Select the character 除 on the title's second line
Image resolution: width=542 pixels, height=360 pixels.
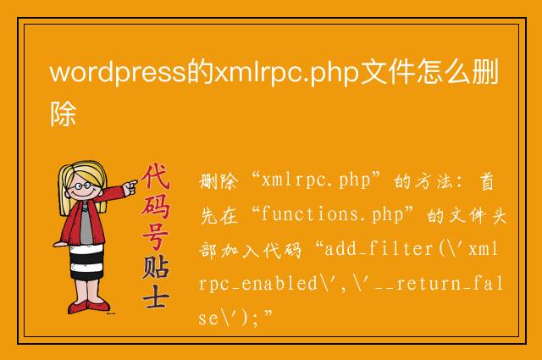pos(64,114)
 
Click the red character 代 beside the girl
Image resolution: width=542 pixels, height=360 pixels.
pos(156,177)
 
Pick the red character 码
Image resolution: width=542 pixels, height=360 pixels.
pos(156,207)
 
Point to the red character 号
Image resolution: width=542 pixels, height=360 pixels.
pos(156,236)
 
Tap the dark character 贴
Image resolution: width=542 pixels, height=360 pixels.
pos(156,266)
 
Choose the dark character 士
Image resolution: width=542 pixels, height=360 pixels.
pos(156,296)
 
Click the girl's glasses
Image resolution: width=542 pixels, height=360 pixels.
pos(83,186)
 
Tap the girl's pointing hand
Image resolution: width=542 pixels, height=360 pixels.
pos(130,187)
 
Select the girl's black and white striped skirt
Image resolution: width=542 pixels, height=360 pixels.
pos(86,262)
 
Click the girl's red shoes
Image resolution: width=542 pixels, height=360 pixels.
pos(88,307)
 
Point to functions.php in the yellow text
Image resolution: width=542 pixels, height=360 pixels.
pos(332,215)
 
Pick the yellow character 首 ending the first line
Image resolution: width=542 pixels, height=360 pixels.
pos(487,181)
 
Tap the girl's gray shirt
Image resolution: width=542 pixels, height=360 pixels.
pos(86,224)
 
